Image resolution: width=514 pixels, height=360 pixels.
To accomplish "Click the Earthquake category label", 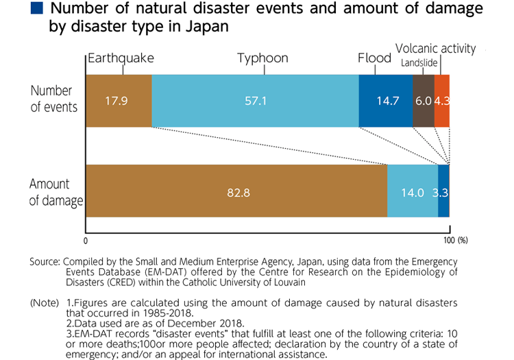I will pos(121,58).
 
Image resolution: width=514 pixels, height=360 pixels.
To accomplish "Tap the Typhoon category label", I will pos(262,58).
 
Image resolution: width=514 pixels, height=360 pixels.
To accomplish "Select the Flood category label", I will pos(374,58).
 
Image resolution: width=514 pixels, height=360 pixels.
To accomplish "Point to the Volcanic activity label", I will pos(435,48).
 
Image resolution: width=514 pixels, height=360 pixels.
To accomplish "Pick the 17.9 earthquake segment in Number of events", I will pos(118,101).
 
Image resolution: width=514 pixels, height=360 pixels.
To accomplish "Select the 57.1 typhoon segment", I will pos(255,101).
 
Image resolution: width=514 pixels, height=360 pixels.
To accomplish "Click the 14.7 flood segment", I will pos(386,101).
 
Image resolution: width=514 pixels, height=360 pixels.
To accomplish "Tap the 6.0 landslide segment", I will pos(424,101).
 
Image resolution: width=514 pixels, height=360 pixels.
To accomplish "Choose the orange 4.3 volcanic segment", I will pos(442,101).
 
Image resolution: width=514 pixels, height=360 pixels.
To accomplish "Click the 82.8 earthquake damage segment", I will pos(236,192).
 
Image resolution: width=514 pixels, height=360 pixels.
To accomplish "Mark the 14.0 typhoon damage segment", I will pos(413,192).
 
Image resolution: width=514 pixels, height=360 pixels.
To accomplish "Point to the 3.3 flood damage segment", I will pos(444,192).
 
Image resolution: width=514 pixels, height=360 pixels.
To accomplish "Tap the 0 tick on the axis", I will pos(86,241).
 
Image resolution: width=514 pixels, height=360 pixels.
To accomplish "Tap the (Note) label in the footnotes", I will pos(46,302).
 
